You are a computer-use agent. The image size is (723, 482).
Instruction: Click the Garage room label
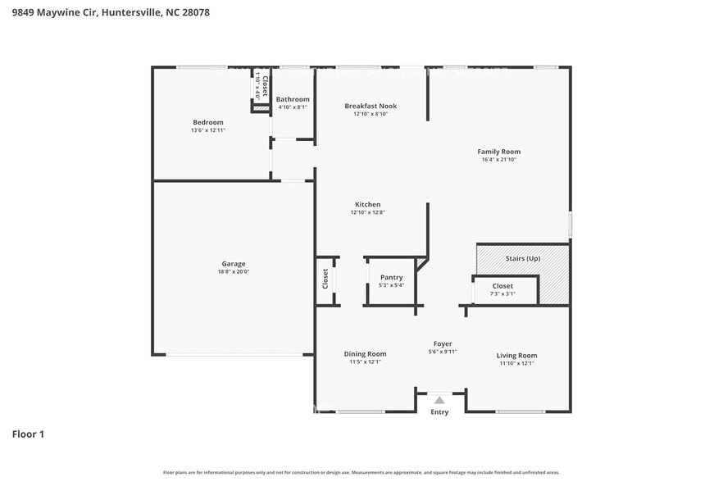pos(234,264)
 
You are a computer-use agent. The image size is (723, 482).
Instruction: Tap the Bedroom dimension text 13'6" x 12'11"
pos(207,130)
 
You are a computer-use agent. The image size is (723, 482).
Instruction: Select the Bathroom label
pos(293,99)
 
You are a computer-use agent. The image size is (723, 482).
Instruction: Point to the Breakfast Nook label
pos(371,107)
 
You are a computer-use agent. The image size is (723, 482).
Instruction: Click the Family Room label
pos(499,152)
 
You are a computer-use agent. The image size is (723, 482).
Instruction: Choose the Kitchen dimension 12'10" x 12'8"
pos(367,212)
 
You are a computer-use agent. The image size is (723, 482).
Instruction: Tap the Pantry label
pos(391,278)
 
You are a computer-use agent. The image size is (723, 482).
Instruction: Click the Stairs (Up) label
pos(522,259)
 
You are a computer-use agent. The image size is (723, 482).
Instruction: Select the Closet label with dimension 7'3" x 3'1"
pos(502,286)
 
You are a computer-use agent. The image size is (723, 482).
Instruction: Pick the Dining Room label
pos(365,354)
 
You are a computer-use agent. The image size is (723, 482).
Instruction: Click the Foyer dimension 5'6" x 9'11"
pos(443,352)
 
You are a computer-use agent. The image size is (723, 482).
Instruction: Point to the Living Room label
pos(516,355)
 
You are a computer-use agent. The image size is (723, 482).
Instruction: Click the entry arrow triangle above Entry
pos(440,400)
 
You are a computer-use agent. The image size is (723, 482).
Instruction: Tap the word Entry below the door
pos(440,412)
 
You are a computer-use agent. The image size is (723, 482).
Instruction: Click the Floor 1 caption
pos(28,434)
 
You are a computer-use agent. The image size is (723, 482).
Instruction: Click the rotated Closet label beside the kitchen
pos(325,279)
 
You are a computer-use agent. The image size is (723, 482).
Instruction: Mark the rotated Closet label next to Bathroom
pos(264,86)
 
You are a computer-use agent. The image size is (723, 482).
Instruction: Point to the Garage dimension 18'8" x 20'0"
pos(234,272)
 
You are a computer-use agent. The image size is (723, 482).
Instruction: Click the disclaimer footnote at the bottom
pos(361,472)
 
